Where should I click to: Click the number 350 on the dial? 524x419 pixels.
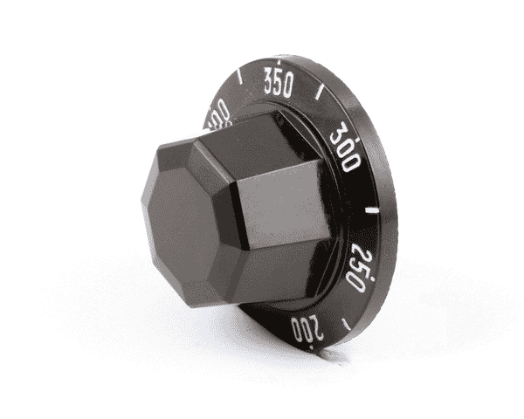(x=278, y=84)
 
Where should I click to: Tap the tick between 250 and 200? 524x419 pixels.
(x=347, y=324)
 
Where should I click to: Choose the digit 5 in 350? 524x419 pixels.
(x=278, y=84)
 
